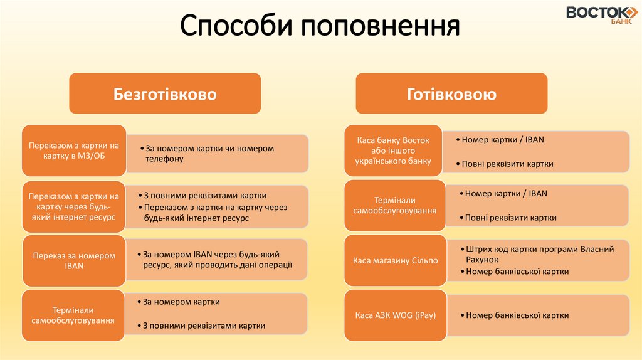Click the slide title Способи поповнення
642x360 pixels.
point(320,27)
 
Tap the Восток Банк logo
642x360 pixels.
point(602,14)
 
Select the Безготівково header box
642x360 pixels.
point(165,94)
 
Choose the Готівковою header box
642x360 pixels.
point(451,94)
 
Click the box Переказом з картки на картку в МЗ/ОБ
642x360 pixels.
point(74,151)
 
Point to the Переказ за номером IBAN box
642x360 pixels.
point(74,260)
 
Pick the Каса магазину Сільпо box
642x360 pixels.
point(395,260)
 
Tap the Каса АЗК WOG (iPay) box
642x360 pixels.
point(395,315)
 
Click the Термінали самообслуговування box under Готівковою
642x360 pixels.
point(395,205)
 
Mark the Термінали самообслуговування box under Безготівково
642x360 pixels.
point(73,315)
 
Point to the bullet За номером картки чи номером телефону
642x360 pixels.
point(209,154)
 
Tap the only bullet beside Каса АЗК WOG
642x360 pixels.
point(517,315)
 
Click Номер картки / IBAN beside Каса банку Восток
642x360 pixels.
point(502,140)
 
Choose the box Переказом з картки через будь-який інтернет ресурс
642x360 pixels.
point(74,205)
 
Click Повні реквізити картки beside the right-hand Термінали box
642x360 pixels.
point(510,218)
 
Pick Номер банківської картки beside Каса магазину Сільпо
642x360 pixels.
point(517,272)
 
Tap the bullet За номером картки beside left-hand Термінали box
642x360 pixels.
point(181,302)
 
